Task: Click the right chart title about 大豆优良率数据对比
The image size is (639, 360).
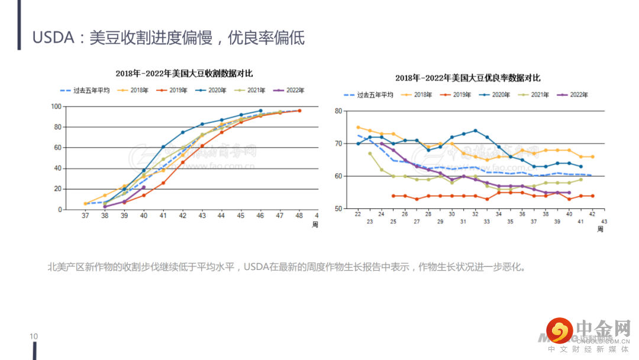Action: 467,78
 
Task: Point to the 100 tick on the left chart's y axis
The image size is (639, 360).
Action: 56,107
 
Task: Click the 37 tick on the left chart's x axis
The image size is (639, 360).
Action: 85,216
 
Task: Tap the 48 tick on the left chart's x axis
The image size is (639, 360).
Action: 299,216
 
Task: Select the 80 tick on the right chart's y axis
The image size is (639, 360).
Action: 338,111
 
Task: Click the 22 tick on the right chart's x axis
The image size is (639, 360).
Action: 357,214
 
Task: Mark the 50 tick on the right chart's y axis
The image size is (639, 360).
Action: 338,208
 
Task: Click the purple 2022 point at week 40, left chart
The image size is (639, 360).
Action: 144,187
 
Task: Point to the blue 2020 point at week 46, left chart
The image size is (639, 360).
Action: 260,111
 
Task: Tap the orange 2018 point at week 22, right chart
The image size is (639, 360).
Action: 358,127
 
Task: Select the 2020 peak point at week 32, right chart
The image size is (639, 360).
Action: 475,130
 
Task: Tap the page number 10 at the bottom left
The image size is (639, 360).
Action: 34,337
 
